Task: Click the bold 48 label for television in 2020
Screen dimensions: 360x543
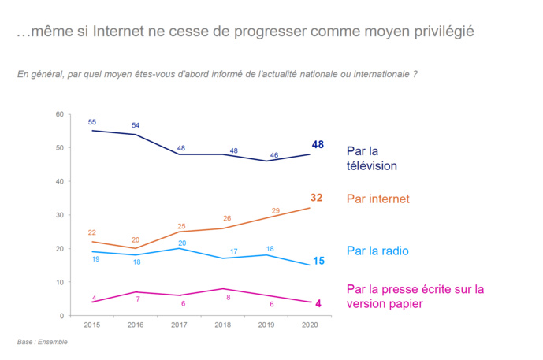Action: pos(318,144)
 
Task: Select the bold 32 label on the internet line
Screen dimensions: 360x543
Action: pos(316,198)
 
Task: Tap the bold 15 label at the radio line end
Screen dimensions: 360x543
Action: pos(319,260)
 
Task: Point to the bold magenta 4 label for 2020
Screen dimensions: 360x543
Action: pos(318,303)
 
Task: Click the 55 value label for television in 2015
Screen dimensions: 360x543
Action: pos(92,122)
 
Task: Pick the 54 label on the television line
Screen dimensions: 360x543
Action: pos(136,125)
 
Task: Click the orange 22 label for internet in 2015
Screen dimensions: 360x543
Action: pos(92,232)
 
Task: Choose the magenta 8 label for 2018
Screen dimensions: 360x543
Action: pos(227,298)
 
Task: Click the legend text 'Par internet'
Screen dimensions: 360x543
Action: pos(377,199)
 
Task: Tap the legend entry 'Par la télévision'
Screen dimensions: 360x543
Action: pos(371,158)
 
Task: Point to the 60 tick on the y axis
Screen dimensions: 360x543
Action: pos(59,114)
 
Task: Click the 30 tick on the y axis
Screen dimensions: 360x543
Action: pos(59,215)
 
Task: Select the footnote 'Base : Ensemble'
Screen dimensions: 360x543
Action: pos(43,342)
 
